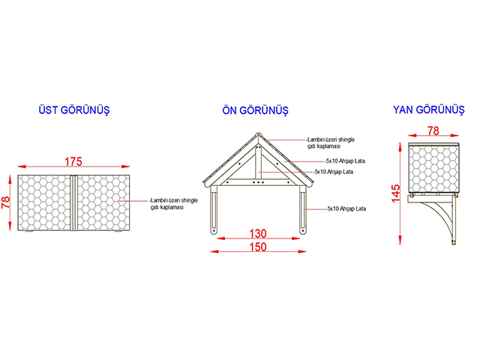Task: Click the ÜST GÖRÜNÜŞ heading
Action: tap(74, 110)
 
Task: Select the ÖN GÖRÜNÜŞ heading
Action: tap(255, 110)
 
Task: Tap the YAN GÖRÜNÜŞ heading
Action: tap(428, 109)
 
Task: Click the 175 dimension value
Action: tap(73, 161)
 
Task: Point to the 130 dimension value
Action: tap(258, 233)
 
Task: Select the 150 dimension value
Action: tap(258, 247)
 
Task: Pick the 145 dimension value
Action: tap(395, 193)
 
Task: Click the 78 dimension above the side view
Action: tap(433, 130)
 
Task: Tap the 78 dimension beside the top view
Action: tap(5, 202)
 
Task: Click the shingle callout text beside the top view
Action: tap(174, 204)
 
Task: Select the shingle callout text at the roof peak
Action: tap(331, 143)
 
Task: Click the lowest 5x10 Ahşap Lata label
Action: tap(346, 208)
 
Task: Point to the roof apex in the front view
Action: tap(258, 133)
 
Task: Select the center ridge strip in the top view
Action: tap(73, 202)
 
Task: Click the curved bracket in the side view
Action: tap(440, 217)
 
